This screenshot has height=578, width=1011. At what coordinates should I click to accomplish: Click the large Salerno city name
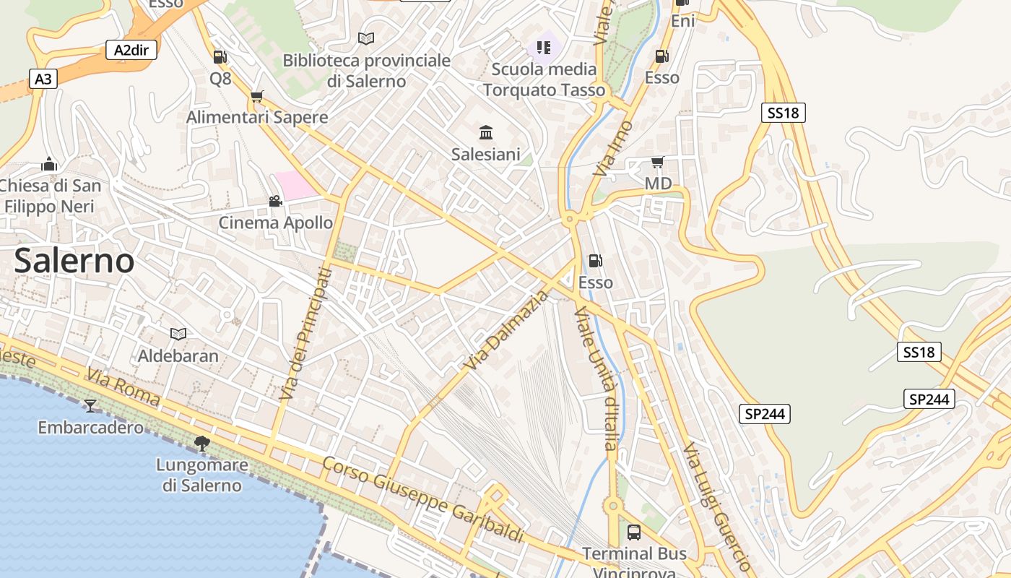74,260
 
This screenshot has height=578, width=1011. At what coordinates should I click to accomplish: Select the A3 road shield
43,79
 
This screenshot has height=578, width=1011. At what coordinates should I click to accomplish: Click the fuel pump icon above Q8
220,56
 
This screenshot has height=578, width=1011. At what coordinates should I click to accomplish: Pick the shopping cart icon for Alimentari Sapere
257,96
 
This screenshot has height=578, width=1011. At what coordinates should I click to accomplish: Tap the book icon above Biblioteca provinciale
366,38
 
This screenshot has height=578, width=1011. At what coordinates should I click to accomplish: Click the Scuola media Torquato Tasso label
544,79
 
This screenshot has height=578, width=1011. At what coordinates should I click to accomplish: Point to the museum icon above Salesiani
486,132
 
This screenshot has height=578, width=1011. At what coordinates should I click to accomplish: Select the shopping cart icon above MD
657,162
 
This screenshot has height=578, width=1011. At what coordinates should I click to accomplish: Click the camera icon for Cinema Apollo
275,201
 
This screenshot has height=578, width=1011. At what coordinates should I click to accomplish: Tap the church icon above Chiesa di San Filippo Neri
49,164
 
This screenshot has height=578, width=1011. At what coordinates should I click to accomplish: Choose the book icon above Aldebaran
178,334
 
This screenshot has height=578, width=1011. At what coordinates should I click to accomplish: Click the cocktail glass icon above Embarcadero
90,405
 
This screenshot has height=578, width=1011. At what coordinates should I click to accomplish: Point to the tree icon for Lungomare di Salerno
202,443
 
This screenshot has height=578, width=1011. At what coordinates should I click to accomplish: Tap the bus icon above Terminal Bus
633,532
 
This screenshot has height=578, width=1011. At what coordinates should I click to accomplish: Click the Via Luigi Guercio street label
718,506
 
